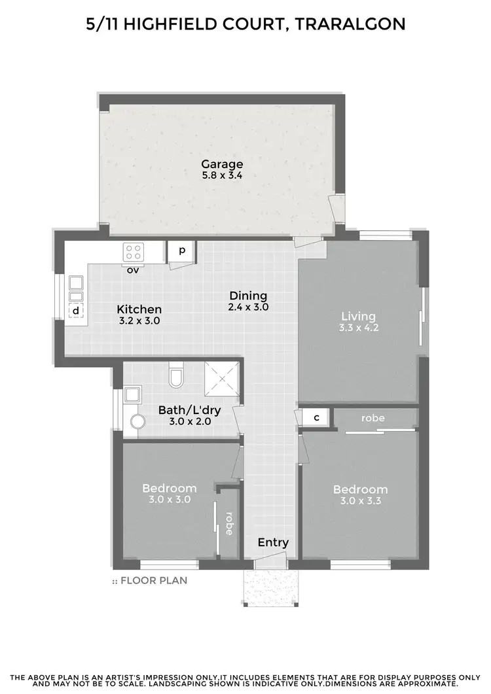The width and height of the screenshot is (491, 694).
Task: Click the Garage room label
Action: (x=222, y=164)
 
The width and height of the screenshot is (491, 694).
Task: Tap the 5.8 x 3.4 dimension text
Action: (x=222, y=175)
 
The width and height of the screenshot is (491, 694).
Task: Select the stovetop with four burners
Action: (x=134, y=252)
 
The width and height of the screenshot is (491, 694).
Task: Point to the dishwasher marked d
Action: (x=76, y=311)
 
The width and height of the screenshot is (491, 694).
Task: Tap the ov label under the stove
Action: (x=133, y=269)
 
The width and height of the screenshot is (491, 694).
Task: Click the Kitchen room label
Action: (x=139, y=309)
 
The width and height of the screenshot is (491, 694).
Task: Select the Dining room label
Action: (x=248, y=296)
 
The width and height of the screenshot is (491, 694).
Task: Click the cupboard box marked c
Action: (x=316, y=417)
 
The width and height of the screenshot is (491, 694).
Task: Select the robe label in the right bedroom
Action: (x=373, y=417)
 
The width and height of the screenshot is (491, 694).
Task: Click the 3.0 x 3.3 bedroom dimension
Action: (x=360, y=501)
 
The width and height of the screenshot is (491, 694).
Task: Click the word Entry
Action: (x=273, y=542)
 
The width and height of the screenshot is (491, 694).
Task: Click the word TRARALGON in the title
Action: (x=350, y=24)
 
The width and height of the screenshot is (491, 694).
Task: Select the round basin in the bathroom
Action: (x=137, y=421)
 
